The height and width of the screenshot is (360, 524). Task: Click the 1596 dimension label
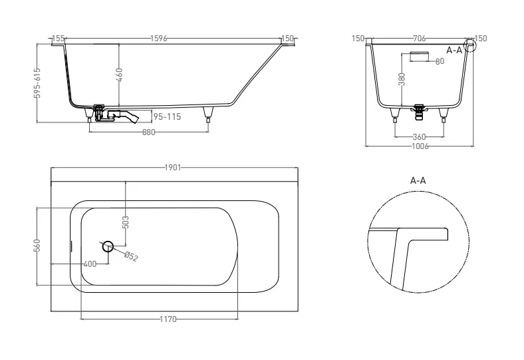pos(158,39)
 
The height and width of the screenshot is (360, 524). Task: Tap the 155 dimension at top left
pos(58,39)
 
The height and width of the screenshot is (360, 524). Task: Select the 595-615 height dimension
pos(37,83)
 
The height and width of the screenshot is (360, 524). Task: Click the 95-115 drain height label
pos(167,116)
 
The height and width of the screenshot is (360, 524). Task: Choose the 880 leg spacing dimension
pos(149,132)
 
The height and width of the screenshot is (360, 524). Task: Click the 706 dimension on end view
pos(420,39)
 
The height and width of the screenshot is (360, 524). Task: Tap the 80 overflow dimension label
pos(440,61)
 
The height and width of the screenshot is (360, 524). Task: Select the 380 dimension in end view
pos(402,79)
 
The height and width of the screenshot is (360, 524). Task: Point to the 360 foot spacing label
pos(419,136)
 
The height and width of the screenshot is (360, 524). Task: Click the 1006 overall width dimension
pos(420,146)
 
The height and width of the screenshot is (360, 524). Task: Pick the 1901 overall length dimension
pos(173,168)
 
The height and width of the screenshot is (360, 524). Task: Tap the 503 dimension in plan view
pos(125,222)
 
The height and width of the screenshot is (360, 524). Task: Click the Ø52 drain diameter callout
pos(131,257)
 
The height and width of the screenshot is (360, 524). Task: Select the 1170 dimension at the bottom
pos(168,319)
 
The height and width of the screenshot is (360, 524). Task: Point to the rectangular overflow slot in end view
pos(419,57)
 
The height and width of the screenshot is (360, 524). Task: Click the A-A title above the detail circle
pos(418,180)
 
